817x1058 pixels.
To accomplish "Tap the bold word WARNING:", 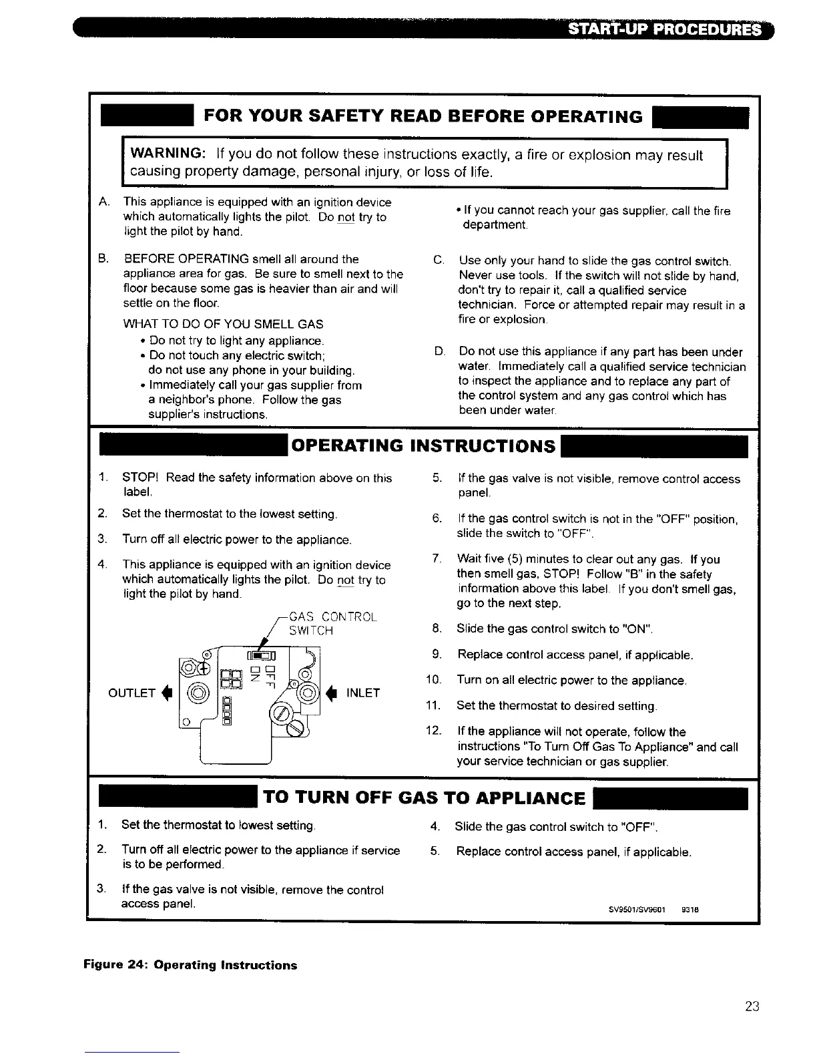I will tap(167, 155).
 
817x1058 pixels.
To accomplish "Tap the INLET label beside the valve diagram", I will tap(362, 693).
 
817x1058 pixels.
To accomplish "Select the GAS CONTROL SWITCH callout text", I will tap(332, 623).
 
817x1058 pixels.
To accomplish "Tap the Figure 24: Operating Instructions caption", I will tap(190, 965).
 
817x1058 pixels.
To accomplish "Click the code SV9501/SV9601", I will tap(637, 909).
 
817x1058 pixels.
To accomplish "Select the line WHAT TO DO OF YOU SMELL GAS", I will tap(223, 324).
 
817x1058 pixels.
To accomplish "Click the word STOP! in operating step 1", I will tap(141, 478).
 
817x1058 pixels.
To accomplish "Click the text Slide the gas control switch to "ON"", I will tap(554, 629).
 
